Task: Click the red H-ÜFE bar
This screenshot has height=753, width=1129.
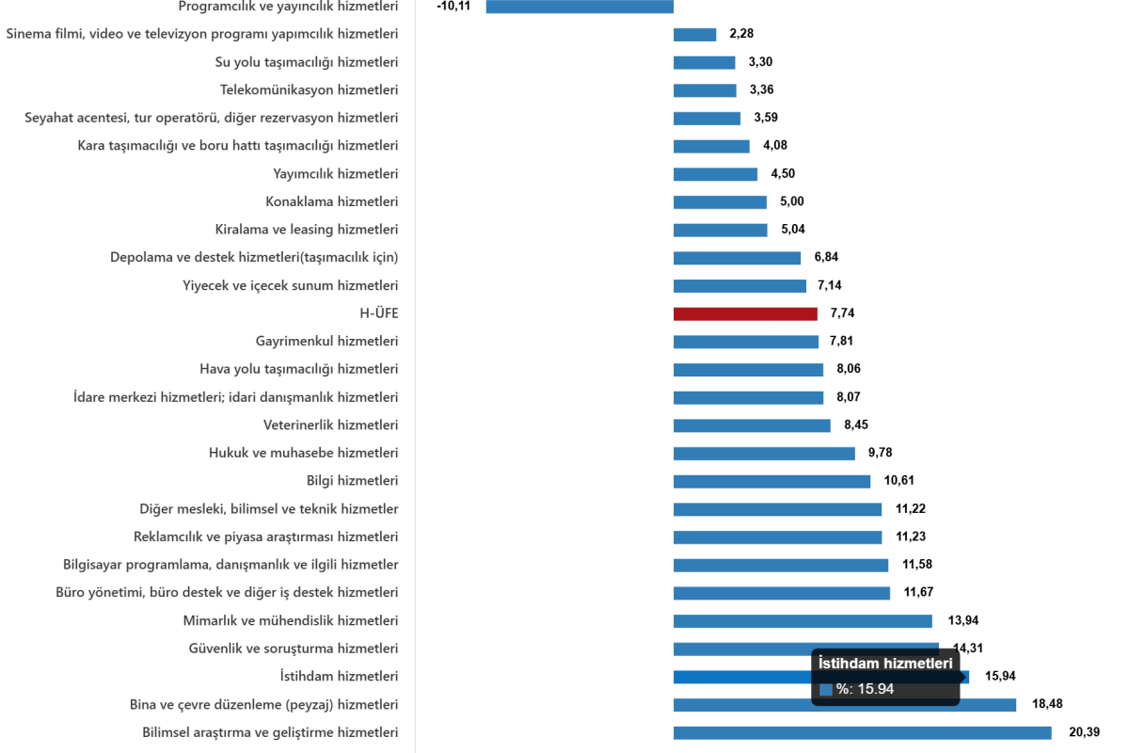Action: click(x=745, y=314)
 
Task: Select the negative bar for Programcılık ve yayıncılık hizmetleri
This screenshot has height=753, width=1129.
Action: click(x=580, y=7)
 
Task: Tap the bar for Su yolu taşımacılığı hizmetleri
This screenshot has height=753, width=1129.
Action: click(x=704, y=63)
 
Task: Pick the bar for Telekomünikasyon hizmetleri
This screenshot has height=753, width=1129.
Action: click(x=705, y=91)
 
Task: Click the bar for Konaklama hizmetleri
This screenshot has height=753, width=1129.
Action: click(x=720, y=202)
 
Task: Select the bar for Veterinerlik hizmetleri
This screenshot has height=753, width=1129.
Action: click(x=752, y=425)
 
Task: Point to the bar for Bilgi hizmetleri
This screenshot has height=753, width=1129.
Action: click(x=771, y=482)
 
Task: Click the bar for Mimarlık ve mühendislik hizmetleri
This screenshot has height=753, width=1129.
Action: click(x=803, y=621)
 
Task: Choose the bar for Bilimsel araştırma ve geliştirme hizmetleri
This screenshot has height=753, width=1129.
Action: click(x=863, y=733)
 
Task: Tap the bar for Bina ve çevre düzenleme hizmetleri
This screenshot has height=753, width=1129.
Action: click(x=845, y=705)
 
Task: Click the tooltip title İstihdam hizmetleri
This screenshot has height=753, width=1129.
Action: click(x=885, y=665)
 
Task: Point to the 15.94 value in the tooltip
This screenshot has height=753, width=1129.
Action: click(x=874, y=689)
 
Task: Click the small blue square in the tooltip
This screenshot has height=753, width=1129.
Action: click(x=826, y=689)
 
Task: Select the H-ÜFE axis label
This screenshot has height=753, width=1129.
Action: click(x=379, y=314)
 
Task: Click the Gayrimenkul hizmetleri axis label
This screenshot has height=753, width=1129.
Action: click(x=326, y=342)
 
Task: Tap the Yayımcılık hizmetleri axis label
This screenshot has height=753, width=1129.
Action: click(x=335, y=174)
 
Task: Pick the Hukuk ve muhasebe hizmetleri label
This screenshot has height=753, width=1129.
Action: click(x=303, y=453)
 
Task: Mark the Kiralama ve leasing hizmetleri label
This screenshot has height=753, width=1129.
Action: click(x=306, y=230)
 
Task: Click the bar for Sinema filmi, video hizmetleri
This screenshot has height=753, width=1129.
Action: click(x=694, y=35)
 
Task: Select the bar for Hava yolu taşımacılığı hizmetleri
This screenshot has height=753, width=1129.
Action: click(x=748, y=370)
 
